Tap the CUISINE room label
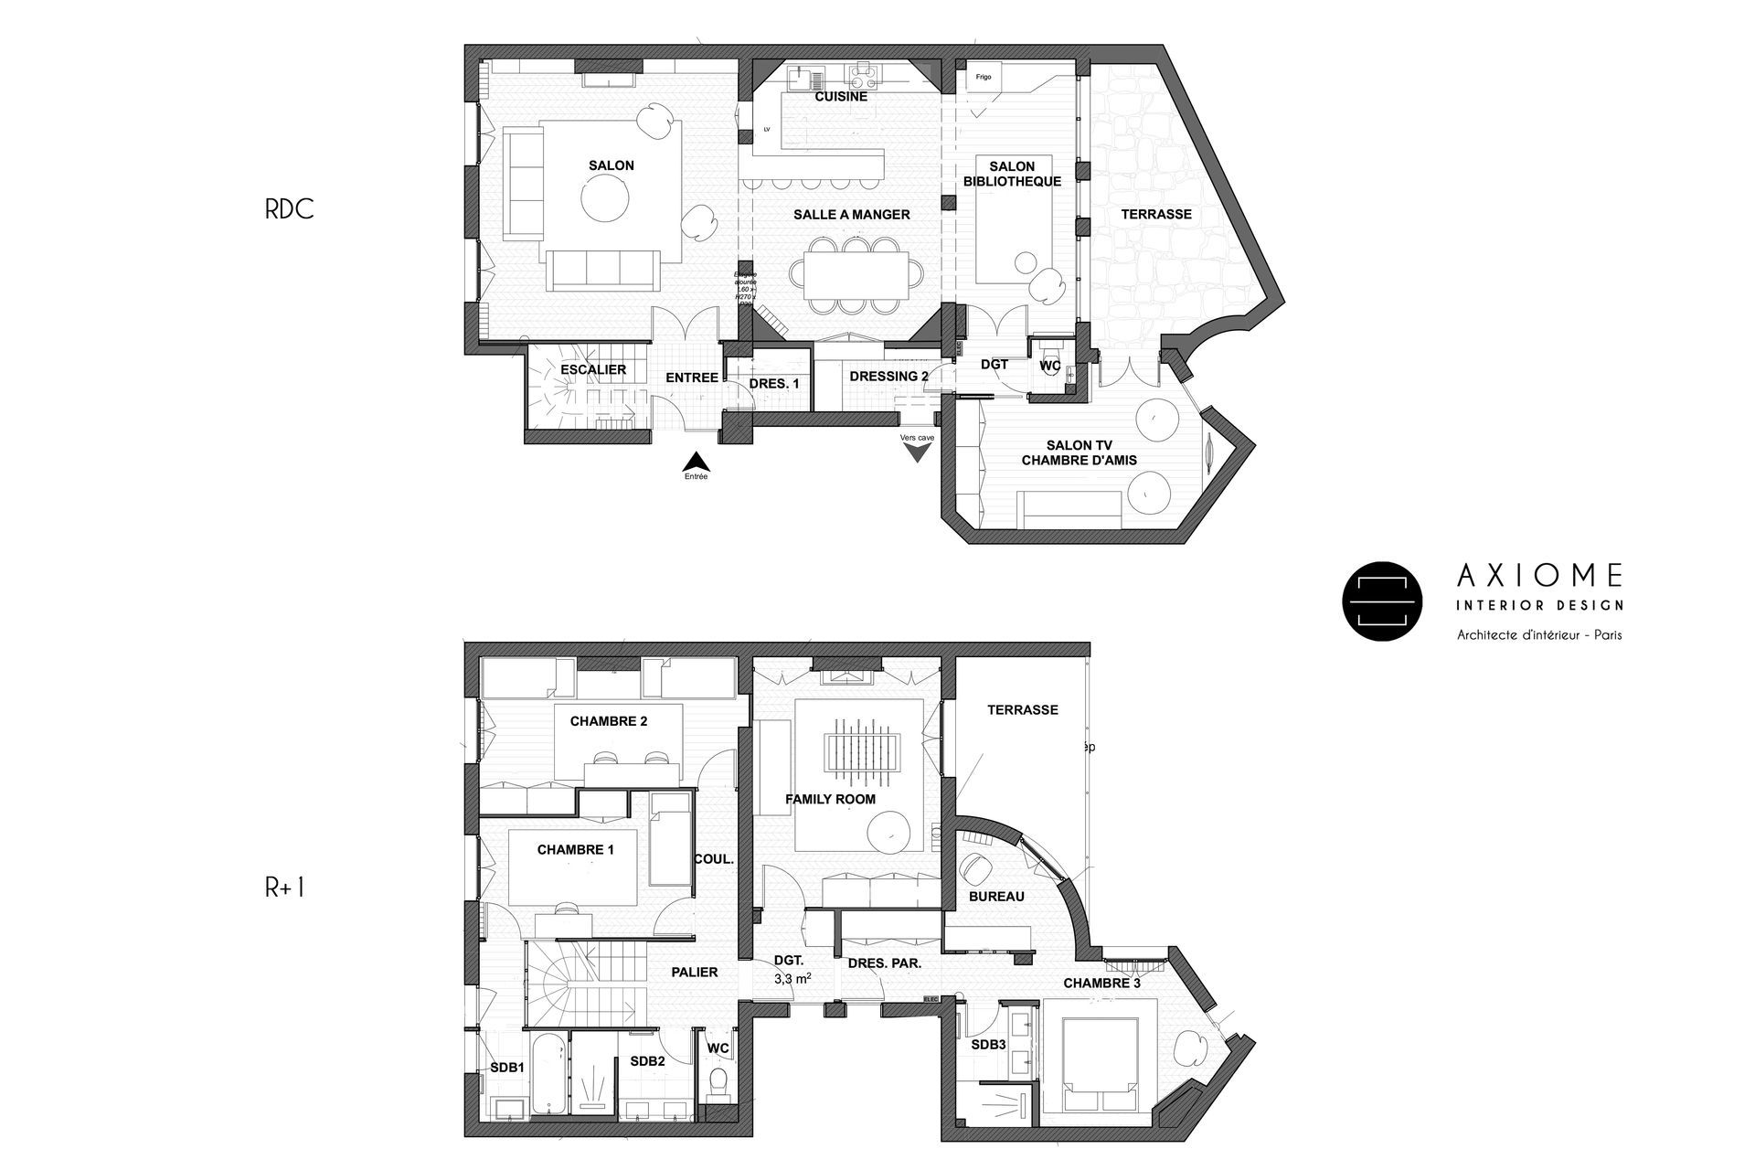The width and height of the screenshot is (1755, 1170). pyautogui.click(x=841, y=96)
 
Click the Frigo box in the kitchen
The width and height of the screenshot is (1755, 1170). pyautogui.click(x=984, y=77)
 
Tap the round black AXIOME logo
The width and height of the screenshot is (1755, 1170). pyautogui.click(x=1382, y=601)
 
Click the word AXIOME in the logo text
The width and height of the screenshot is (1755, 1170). pyautogui.click(x=1540, y=575)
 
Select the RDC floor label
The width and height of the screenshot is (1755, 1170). pyautogui.click(x=289, y=209)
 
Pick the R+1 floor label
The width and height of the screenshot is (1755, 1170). pyautogui.click(x=284, y=888)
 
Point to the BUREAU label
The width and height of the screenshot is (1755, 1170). pyautogui.click(x=996, y=897)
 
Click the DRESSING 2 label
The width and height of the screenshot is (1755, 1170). pyautogui.click(x=888, y=376)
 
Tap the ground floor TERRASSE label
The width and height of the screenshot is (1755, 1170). pyautogui.click(x=1156, y=214)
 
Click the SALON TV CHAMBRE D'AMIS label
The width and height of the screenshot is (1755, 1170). pyautogui.click(x=1079, y=452)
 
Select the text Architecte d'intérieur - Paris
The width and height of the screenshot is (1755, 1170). pyautogui.click(x=1539, y=634)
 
